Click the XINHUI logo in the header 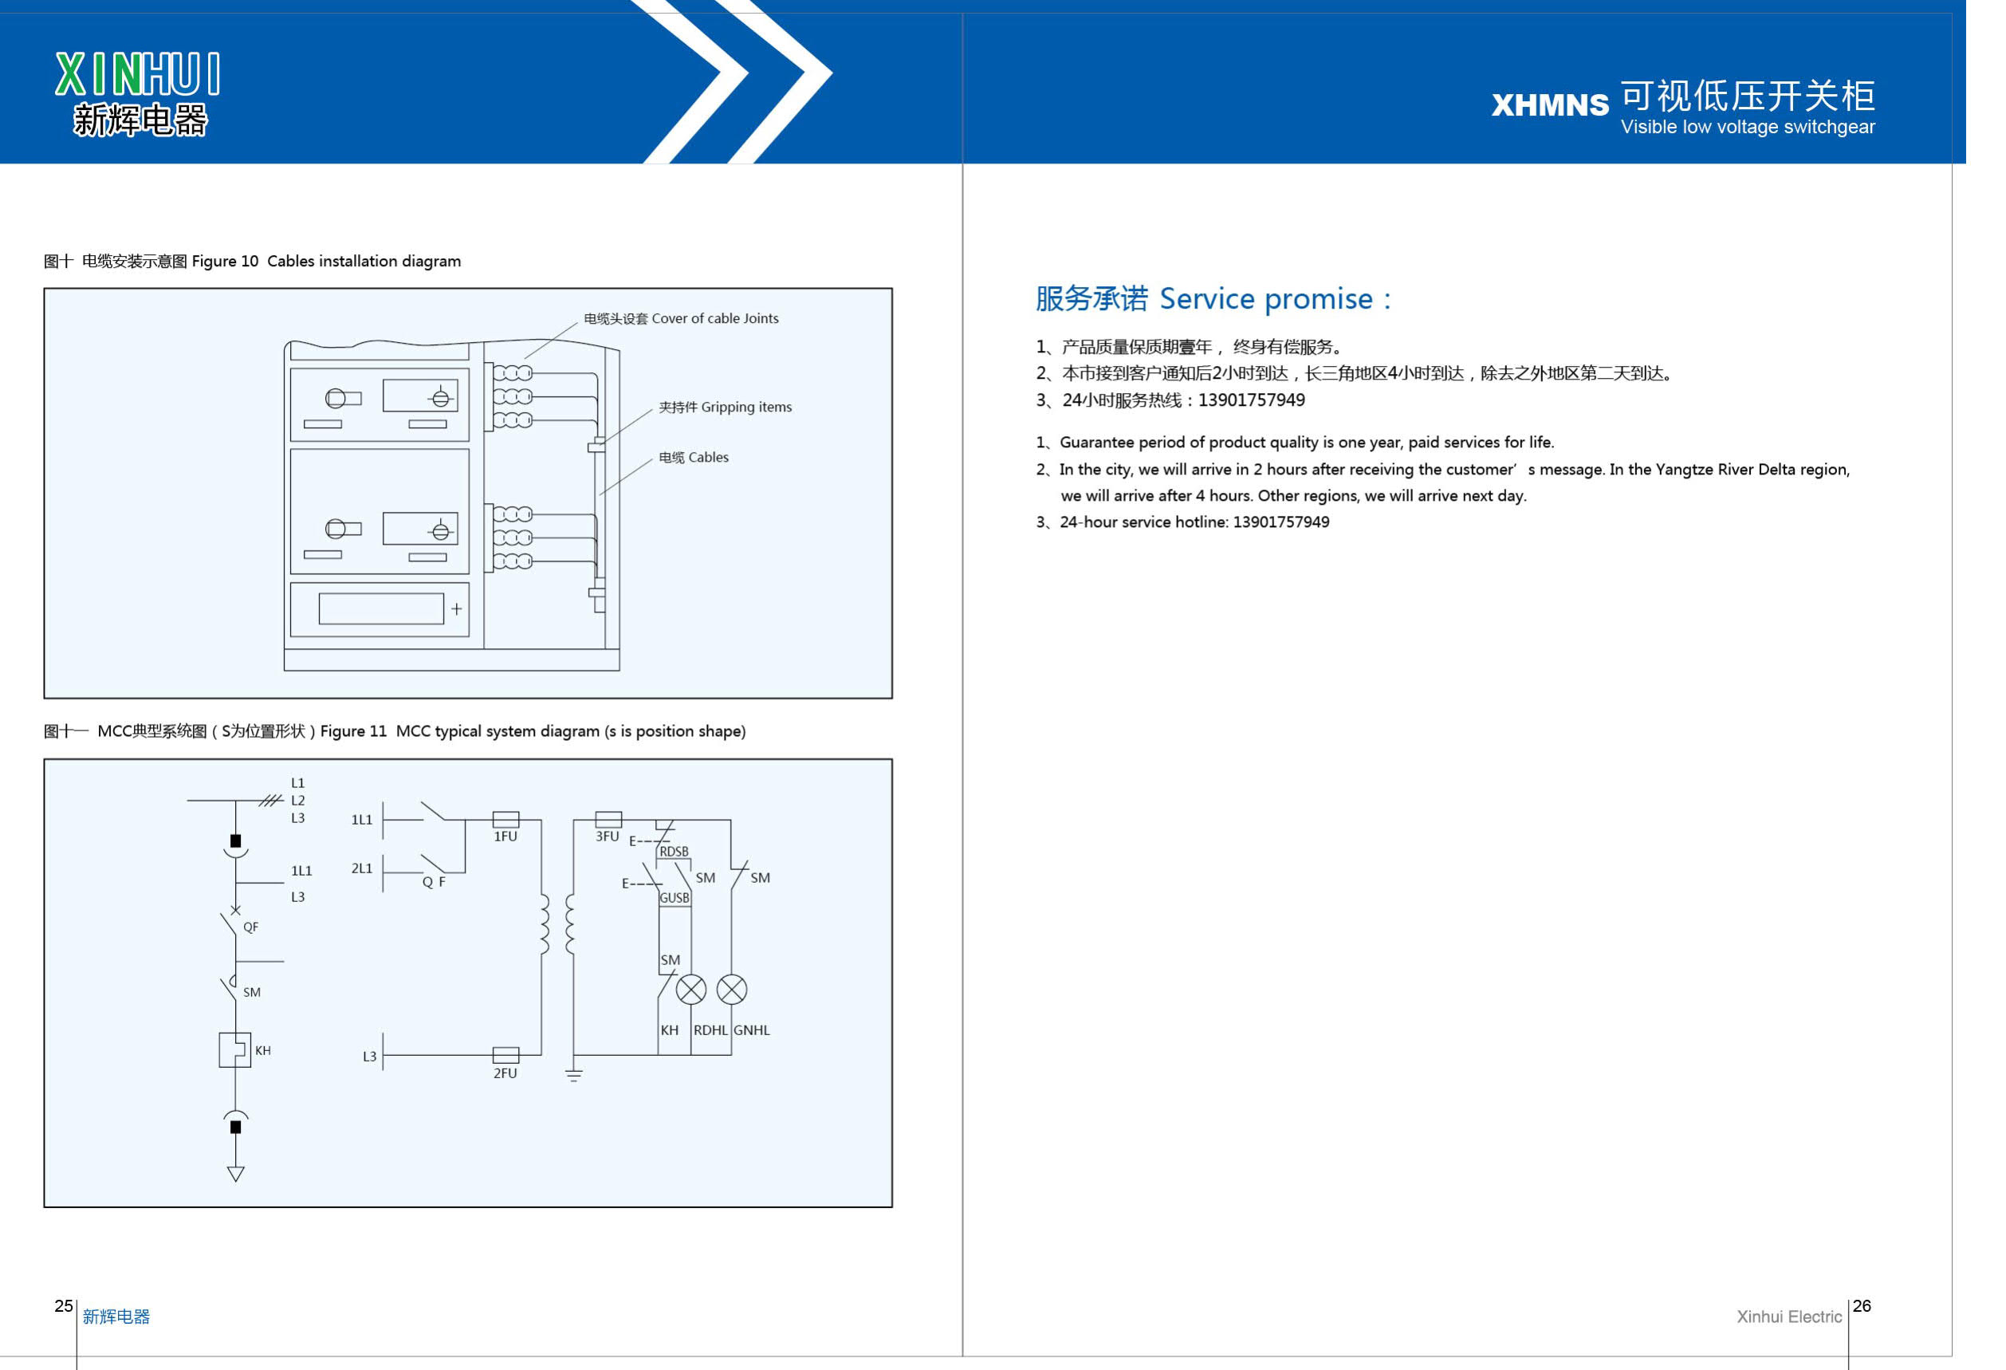[x=138, y=93]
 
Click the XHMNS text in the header [x=1549, y=105]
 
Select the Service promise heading [x=1212, y=299]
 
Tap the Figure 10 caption [x=252, y=262]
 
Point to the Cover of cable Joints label [x=680, y=318]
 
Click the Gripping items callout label [x=724, y=407]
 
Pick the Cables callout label [x=693, y=458]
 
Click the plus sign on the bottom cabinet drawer [x=457, y=608]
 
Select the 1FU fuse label [x=505, y=837]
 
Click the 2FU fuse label [x=505, y=1073]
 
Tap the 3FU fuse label [x=607, y=837]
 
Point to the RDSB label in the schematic [x=675, y=852]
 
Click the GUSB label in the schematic [x=675, y=898]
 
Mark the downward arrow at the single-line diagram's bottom [x=236, y=1172]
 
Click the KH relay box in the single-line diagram [x=234, y=1049]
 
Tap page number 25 [x=64, y=1306]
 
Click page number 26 [x=1862, y=1306]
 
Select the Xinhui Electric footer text [x=1788, y=1317]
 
